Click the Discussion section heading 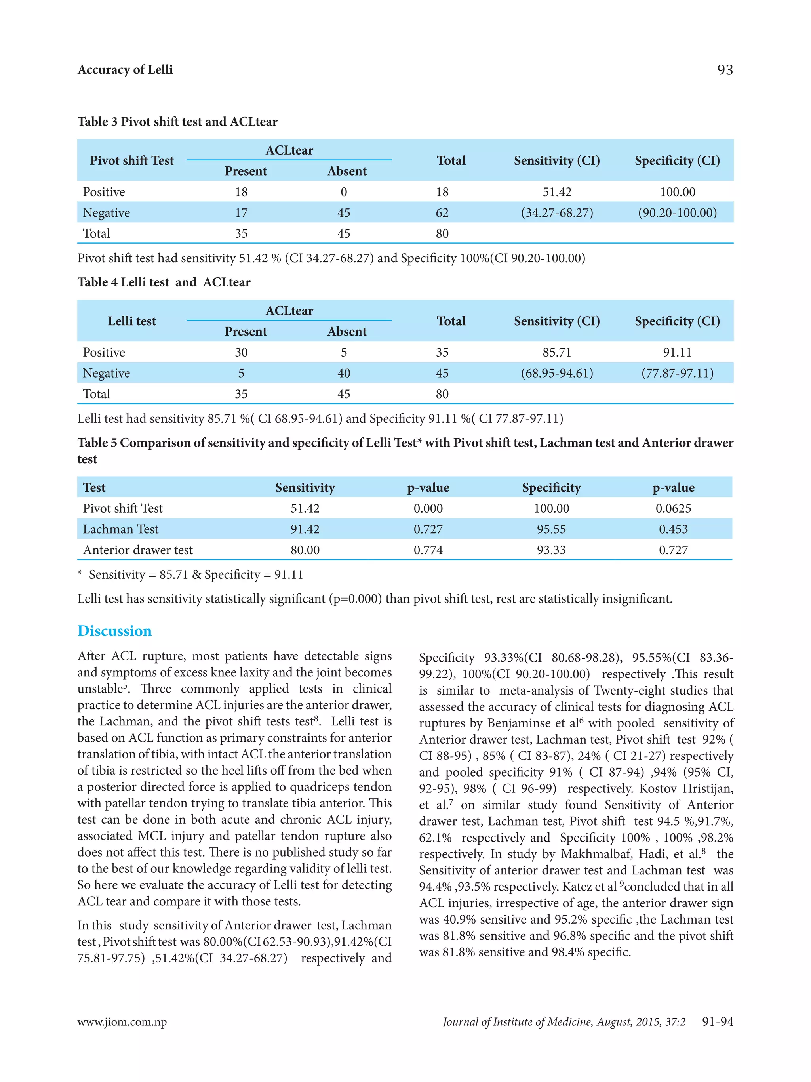click(x=114, y=631)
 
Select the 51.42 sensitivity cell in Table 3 click(x=557, y=192)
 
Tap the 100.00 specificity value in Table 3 click(x=677, y=192)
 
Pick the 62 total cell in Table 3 click(x=442, y=213)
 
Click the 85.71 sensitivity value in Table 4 click(x=557, y=352)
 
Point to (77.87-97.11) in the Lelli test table click(x=677, y=373)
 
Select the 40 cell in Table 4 click(x=344, y=373)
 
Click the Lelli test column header click(x=131, y=321)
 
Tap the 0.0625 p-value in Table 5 click(x=673, y=508)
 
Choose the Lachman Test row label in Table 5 click(x=120, y=529)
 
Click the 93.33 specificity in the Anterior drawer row click(x=551, y=550)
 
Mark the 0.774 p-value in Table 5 click(x=428, y=550)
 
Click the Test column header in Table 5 click(x=94, y=487)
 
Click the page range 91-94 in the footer click(x=717, y=1022)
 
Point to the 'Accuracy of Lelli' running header click(x=125, y=70)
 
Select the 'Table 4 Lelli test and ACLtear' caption click(x=164, y=282)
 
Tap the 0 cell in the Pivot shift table click(x=344, y=192)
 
